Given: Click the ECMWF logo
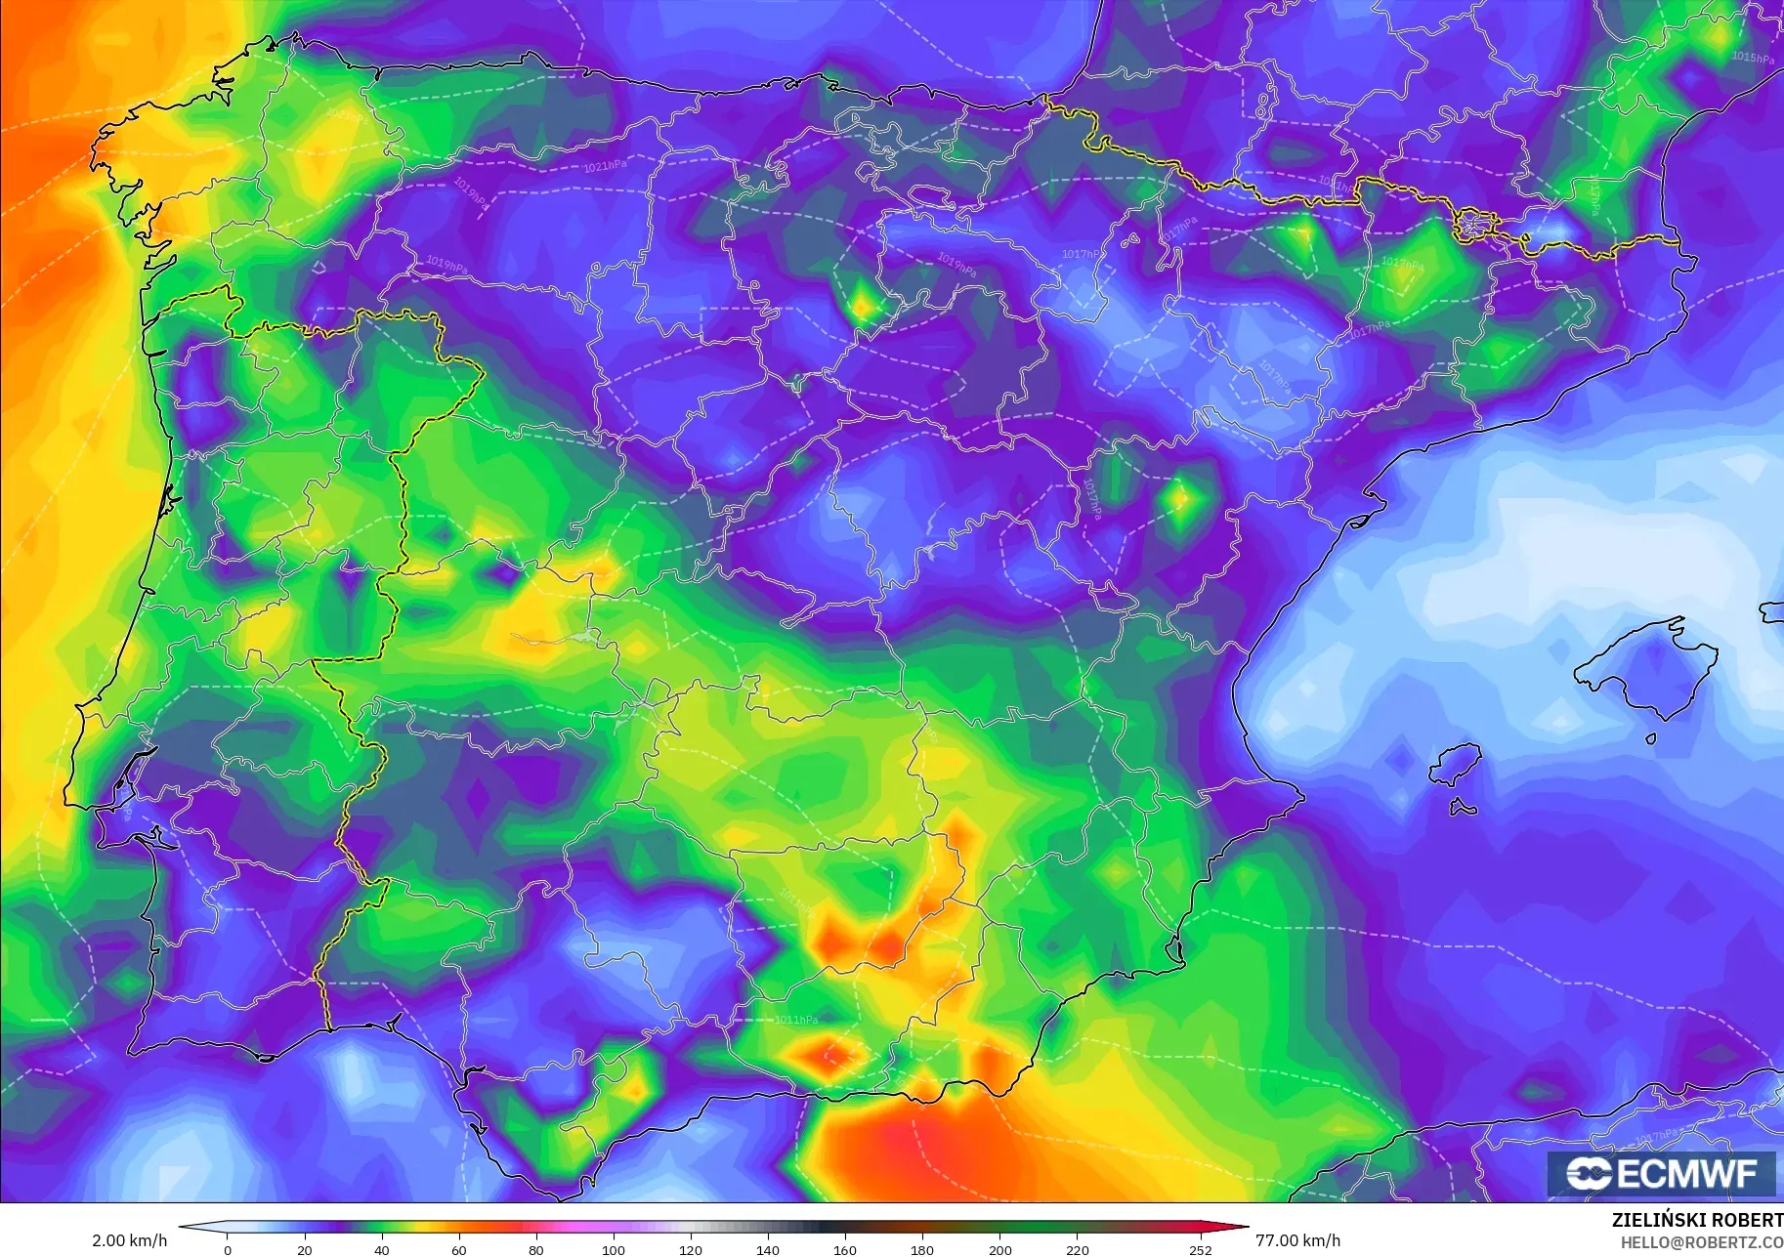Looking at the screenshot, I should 1662,1173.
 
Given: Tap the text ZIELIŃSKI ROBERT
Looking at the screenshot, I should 1697,1221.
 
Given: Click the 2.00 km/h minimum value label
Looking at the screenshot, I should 130,1240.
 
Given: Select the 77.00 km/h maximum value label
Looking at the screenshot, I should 1297,1240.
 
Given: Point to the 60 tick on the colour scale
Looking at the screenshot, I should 459,1250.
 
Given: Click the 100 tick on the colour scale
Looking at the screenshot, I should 614,1250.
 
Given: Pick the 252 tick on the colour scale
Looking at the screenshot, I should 1200,1250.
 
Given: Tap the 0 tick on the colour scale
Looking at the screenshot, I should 228,1250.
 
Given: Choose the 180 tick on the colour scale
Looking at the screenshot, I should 922,1250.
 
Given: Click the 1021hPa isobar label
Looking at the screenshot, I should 605,166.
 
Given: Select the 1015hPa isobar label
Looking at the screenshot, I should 1753,58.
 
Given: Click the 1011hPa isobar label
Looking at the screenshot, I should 796,1020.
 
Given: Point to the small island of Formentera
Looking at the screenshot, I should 1463,808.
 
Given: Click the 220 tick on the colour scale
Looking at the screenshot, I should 1077,1250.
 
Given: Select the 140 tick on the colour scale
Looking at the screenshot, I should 768,1250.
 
